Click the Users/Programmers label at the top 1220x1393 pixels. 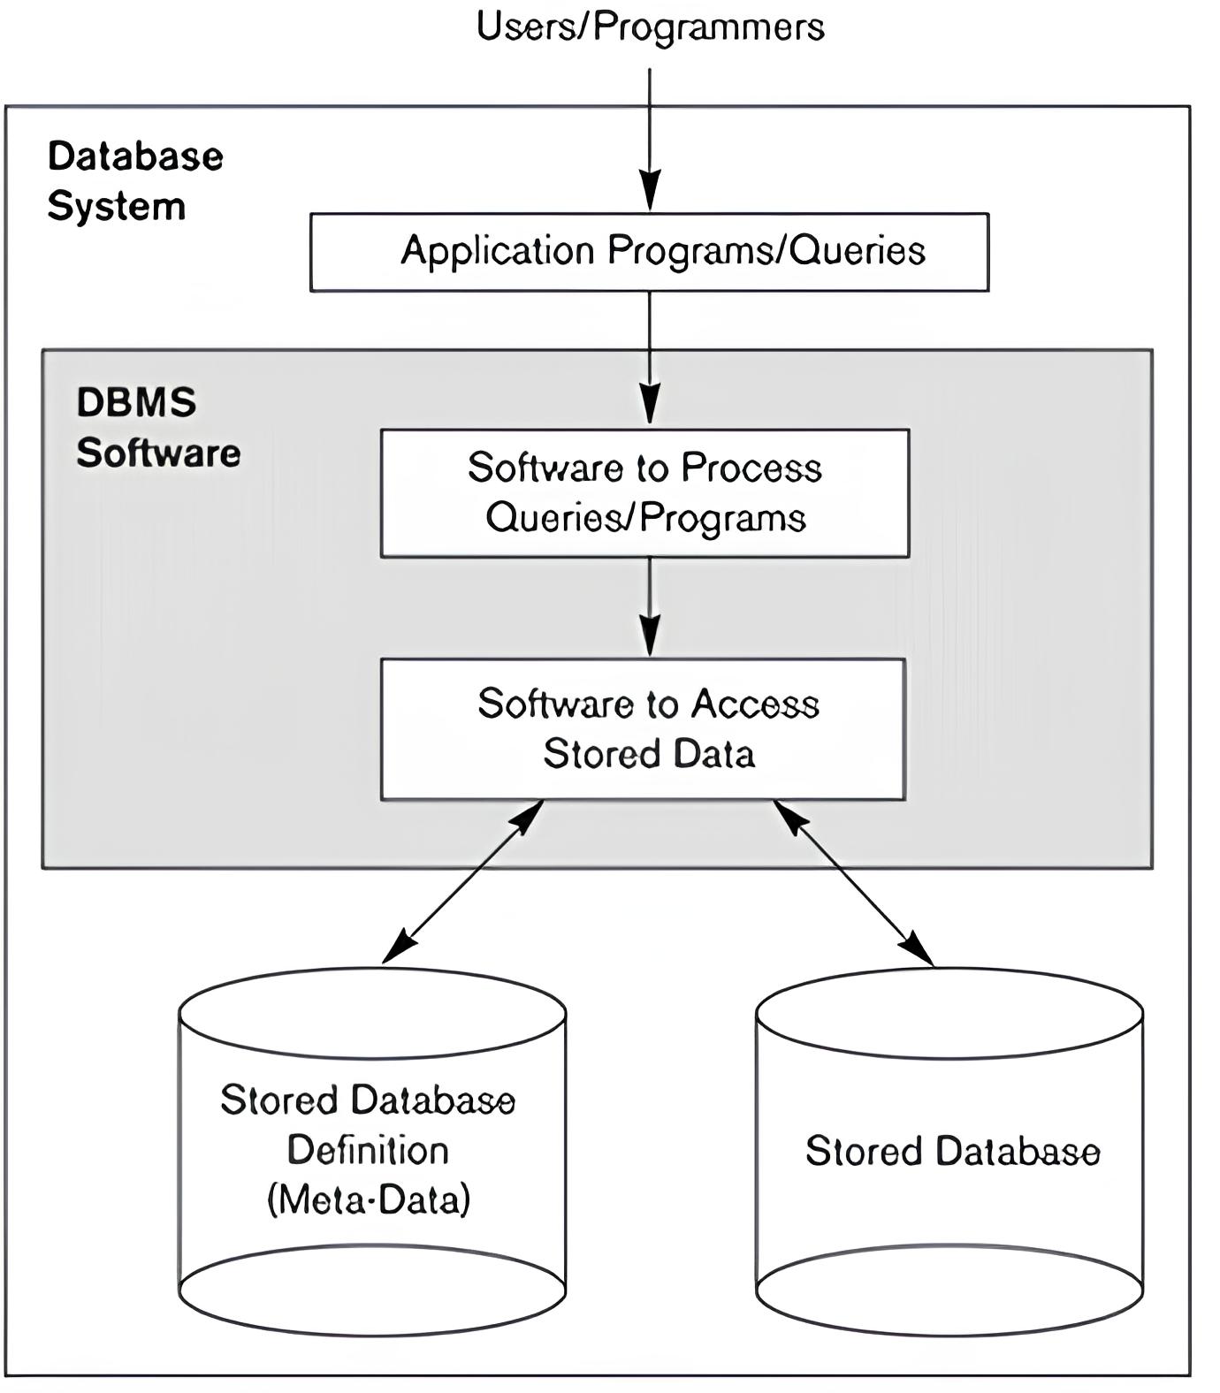[650, 27]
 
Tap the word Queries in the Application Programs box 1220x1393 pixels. [857, 251]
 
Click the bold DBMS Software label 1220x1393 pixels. [157, 428]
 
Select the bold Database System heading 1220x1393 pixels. [134, 181]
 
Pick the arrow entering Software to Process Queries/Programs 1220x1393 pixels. [650, 358]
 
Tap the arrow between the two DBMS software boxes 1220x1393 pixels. [650, 605]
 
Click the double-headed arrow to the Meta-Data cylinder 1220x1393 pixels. [462, 881]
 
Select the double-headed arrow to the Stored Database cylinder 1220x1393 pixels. [853, 882]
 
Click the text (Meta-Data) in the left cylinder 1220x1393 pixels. [369, 1200]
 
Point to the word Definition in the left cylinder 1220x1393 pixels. [369, 1151]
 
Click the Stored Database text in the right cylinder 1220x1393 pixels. [952, 1152]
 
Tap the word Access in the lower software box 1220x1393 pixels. [755, 704]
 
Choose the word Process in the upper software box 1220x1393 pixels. [751, 468]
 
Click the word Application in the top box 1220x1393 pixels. [497, 251]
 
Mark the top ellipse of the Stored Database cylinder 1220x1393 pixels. [949, 1013]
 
